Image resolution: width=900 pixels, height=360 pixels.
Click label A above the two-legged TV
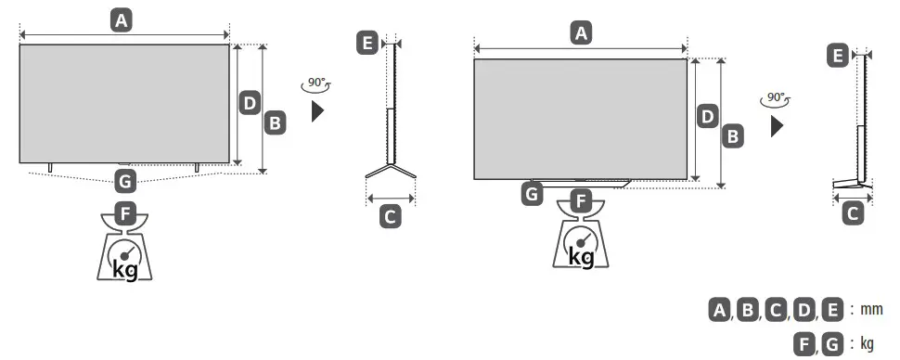(x=120, y=19)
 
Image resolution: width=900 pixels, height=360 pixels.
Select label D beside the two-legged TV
(x=248, y=103)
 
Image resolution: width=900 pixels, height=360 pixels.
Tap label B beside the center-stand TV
(x=733, y=135)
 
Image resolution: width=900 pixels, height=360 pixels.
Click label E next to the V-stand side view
(x=368, y=43)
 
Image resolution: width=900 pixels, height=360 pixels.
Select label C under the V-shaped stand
(x=391, y=217)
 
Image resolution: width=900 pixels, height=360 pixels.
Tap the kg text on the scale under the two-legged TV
(x=126, y=268)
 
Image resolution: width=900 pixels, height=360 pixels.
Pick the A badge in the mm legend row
(x=719, y=310)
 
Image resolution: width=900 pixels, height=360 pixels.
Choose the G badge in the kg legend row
(x=832, y=343)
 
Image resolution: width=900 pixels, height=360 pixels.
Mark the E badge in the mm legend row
(x=832, y=310)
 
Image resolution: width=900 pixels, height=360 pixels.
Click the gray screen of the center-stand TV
(x=580, y=118)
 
